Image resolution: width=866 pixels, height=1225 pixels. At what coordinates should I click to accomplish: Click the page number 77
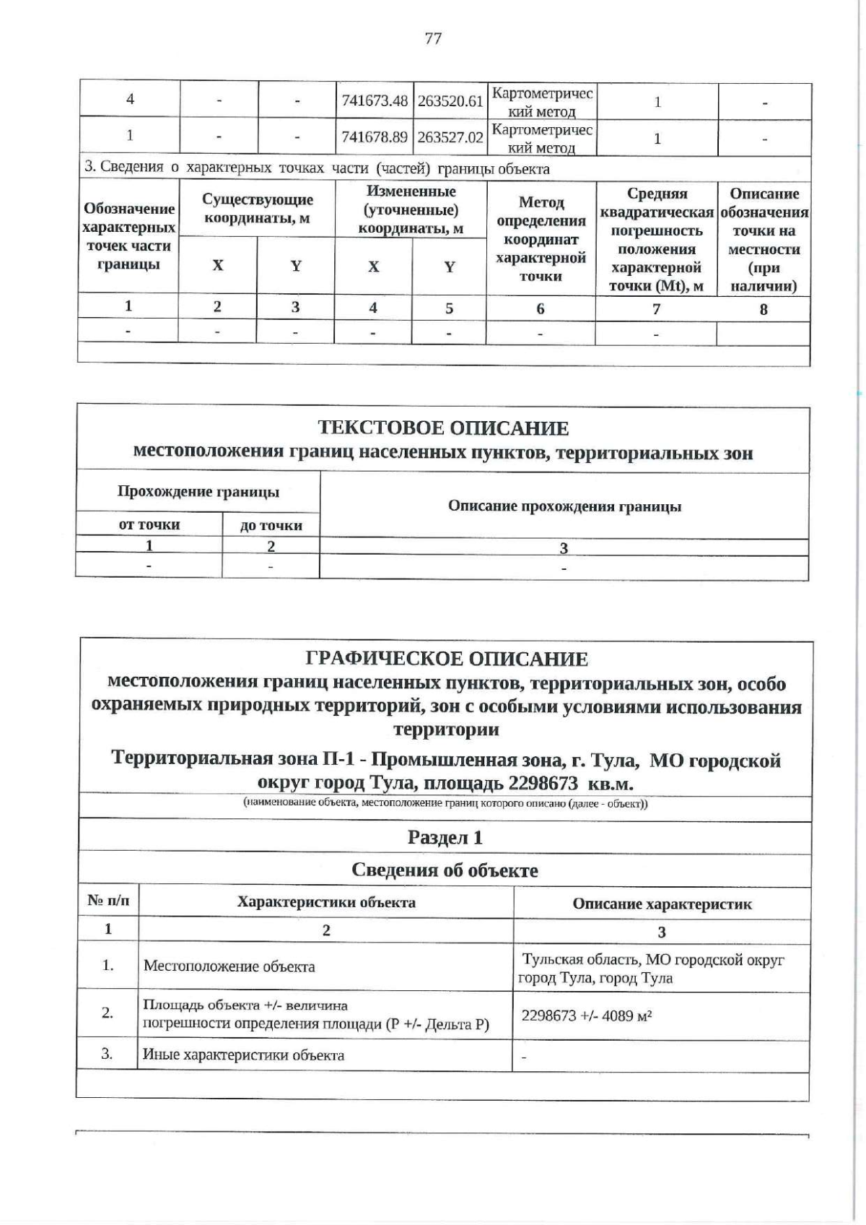pyautogui.click(x=433, y=38)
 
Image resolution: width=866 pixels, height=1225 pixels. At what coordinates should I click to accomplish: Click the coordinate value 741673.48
pyautogui.click(x=375, y=101)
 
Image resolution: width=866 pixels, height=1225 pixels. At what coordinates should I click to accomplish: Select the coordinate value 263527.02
pyautogui.click(x=450, y=137)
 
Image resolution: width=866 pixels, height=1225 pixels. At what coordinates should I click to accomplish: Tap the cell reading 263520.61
pyautogui.click(x=450, y=101)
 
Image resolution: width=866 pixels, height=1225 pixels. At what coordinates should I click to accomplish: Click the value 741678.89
pyautogui.click(x=375, y=137)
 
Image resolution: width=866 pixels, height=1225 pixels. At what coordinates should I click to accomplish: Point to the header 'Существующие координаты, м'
pyautogui.click(x=257, y=209)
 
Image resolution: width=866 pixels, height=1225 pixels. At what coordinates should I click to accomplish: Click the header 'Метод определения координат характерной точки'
pyautogui.click(x=541, y=239)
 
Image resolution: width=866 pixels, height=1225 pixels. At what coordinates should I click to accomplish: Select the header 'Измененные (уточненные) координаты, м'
pyautogui.click(x=411, y=209)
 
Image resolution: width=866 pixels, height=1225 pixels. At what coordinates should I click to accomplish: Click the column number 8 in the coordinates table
pyautogui.click(x=764, y=309)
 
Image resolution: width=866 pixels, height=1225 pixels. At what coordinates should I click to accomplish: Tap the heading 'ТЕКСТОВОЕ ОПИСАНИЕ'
pyautogui.click(x=443, y=428)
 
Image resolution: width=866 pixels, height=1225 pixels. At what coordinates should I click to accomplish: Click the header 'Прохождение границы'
pyautogui.click(x=198, y=492)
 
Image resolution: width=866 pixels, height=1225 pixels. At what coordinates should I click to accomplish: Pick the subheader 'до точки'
pyautogui.click(x=271, y=525)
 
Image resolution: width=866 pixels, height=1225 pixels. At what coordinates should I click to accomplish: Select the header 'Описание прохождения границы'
pyautogui.click(x=564, y=506)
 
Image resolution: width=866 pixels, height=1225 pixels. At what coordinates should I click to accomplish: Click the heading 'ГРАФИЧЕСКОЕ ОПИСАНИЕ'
pyautogui.click(x=447, y=659)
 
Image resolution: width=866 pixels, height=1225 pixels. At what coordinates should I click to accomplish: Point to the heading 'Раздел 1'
pyautogui.click(x=445, y=838)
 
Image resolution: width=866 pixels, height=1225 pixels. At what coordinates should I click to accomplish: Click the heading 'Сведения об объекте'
pyautogui.click(x=445, y=870)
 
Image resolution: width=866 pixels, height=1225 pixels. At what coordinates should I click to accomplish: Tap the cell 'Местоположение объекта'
pyautogui.click(x=229, y=966)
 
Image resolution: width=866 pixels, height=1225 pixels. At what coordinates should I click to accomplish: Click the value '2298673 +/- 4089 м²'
pyautogui.click(x=587, y=1016)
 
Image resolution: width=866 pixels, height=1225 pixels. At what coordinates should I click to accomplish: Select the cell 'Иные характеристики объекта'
pyautogui.click(x=243, y=1055)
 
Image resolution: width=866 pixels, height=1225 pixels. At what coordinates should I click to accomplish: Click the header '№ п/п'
pyautogui.click(x=108, y=901)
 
